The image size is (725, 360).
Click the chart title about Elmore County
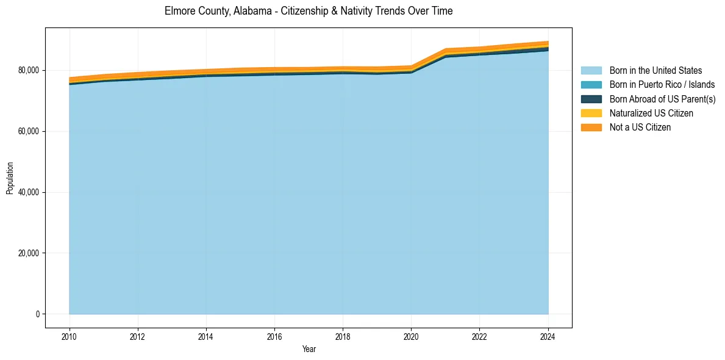[309, 11]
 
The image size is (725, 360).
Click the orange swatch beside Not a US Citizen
[591, 128]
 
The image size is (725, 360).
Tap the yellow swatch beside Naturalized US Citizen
[591, 113]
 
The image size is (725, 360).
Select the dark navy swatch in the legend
[591, 99]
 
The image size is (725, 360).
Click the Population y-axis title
[10, 178]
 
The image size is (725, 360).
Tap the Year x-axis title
[309, 349]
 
